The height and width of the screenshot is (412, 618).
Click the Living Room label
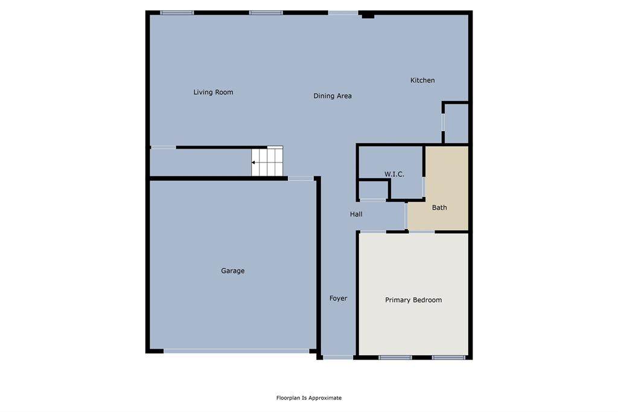pyautogui.click(x=213, y=92)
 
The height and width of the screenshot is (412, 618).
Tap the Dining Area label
pyautogui.click(x=333, y=96)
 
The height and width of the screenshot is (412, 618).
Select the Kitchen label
pyautogui.click(x=422, y=80)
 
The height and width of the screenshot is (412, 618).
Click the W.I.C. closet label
pyautogui.click(x=394, y=175)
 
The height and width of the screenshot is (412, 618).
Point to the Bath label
pyautogui.click(x=439, y=208)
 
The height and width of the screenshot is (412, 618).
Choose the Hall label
pyautogui.click(x=356, y=214)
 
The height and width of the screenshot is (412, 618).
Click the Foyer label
pyautogui.click(x=338, y=298)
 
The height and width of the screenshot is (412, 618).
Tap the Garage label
pyautogui.click(x=232, y=271)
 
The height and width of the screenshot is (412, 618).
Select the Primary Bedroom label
pyautogui.click(x=413, y=300)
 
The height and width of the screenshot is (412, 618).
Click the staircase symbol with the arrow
pyautogui.click(x=267, y=162)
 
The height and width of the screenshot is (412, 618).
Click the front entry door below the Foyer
pyautogui.click(x=338, y=357)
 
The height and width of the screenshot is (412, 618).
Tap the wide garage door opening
pyautogui.click(x=236, y=350)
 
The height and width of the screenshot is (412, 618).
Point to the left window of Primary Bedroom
pyautogui.click(x=395, y=357)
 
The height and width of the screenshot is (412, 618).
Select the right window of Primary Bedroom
pyautogui.click(x=448, y=357)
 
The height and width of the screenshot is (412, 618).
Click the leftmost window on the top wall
pyautogui.click(x=177, y=12)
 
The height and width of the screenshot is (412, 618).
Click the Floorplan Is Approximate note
pyautogui.click(x=309, y=398)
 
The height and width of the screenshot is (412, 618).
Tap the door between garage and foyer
pyautogui.click(x=301, y=178)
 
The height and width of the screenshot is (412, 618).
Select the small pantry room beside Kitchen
pyautogui.click(x=456, y=123)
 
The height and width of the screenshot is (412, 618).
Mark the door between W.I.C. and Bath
pyautogui.click(x=424, y=187)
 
